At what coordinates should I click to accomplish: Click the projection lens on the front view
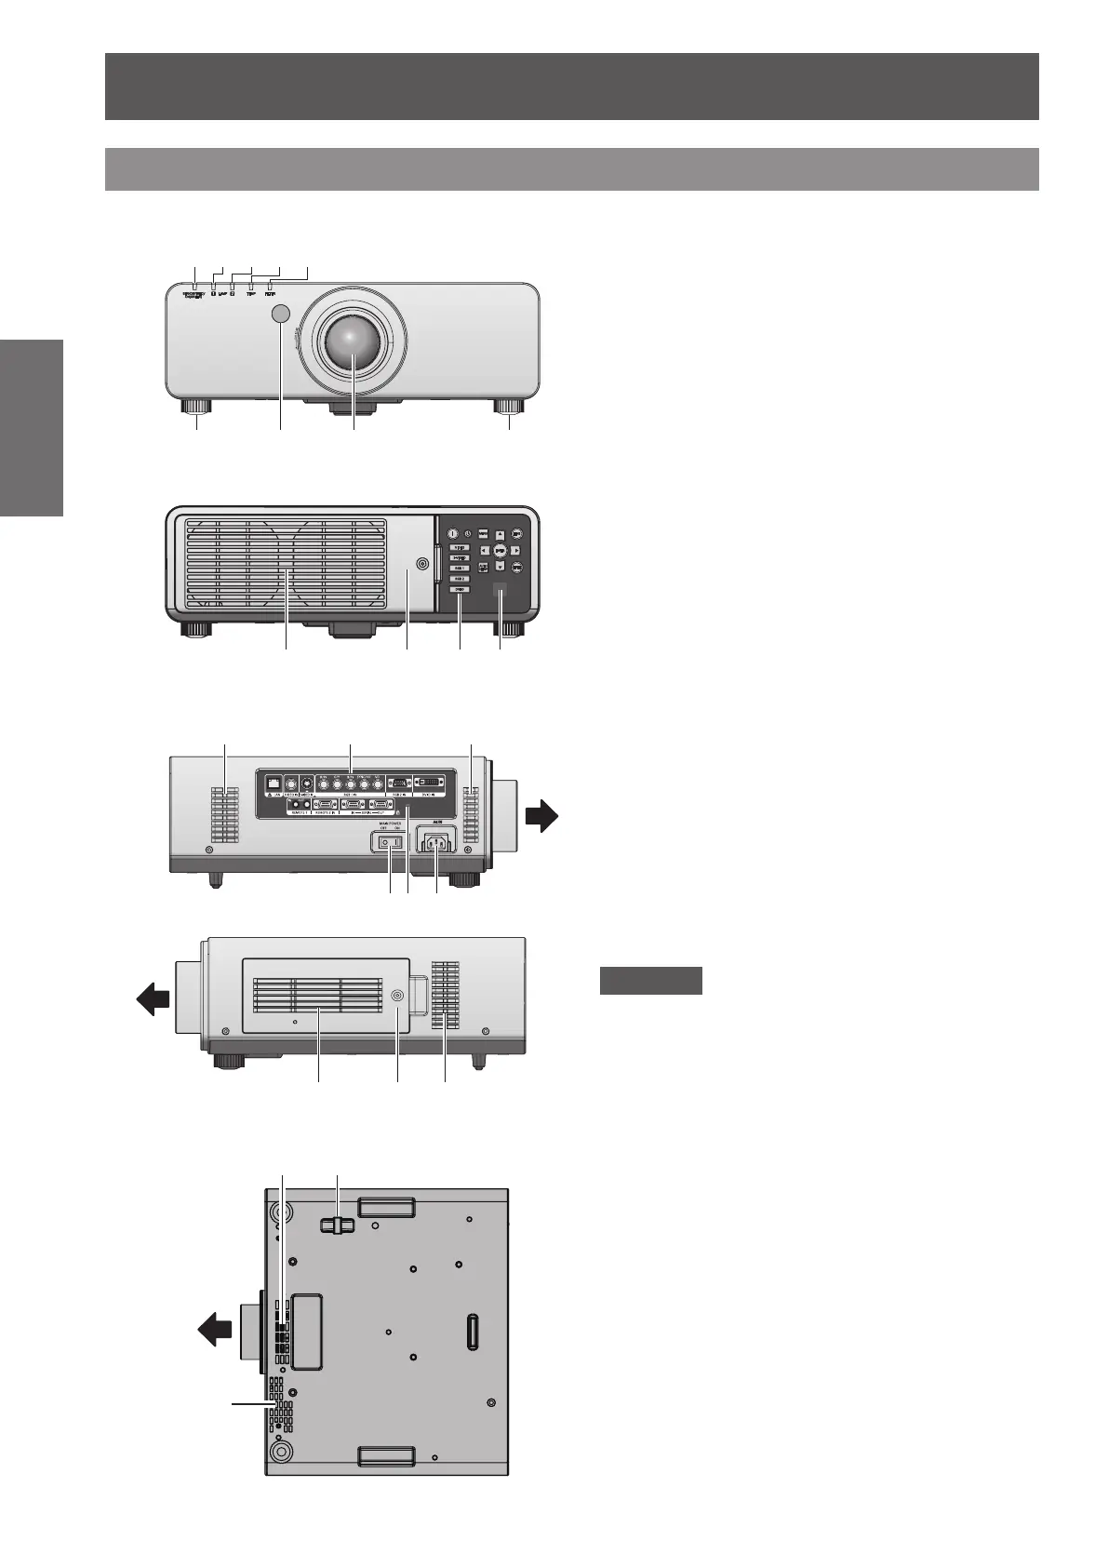354,339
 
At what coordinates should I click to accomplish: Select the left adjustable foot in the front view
197,408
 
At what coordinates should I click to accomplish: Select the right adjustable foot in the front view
509,408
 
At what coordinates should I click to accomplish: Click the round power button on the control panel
453,534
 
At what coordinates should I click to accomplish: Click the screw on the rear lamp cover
424,563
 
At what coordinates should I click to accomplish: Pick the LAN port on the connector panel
274,783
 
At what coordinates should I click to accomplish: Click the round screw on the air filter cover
397,995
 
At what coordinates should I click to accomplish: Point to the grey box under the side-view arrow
650,981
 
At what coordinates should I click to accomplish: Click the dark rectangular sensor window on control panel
500,589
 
